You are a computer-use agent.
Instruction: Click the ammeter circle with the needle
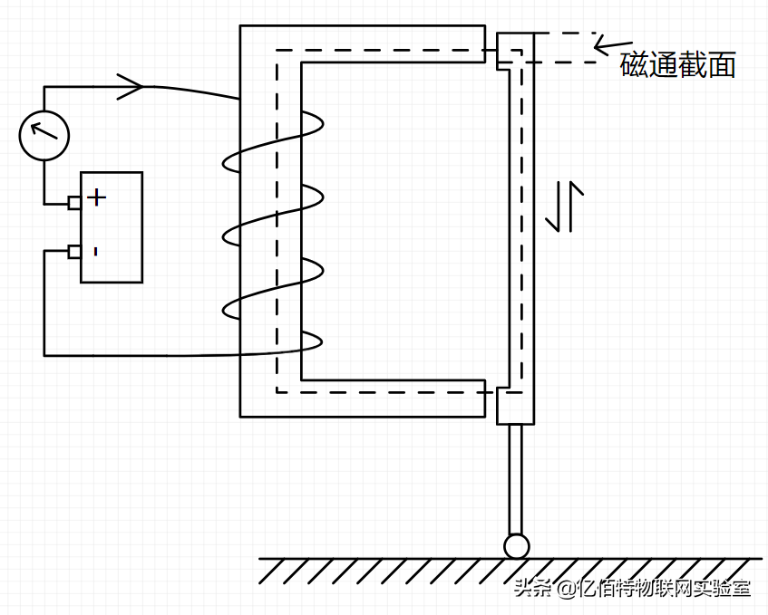(44, 136)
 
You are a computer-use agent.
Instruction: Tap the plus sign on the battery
(96, 196)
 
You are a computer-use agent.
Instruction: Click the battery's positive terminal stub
(74, 202)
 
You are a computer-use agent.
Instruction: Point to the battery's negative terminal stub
(74, 251)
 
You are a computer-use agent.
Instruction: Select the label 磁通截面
(677, 65)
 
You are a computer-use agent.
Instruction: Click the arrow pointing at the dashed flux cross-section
(611, 43)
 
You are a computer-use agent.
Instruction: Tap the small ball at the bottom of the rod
(516, 545)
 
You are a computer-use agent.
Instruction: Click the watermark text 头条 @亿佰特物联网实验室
(632, 589)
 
